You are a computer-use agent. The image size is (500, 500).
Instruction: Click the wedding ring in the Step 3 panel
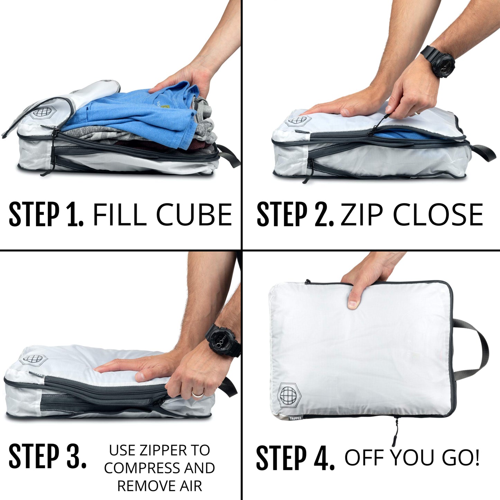tap(198, 394)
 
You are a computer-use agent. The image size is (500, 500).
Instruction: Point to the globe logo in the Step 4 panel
tap(289, 394)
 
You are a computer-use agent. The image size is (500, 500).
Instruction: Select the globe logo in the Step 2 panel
tap(298, 121)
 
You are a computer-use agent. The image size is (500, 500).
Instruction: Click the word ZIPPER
tap(163, 450)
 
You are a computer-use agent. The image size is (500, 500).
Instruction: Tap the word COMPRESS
tap(142, 468)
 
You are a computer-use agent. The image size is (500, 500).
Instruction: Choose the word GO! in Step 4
tap(461, 457)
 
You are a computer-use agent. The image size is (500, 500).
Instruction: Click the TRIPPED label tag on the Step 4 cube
tap(295, 418)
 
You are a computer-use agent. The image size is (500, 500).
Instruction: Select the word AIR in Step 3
tap(190, 486)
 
